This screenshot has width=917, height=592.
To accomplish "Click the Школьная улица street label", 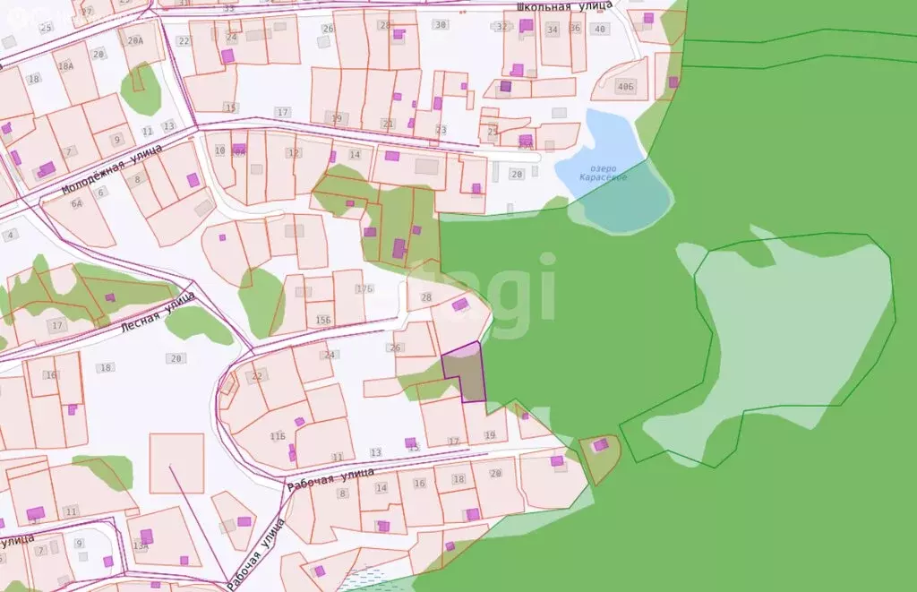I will coord(564,5).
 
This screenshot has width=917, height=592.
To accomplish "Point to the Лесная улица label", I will coord(158,316).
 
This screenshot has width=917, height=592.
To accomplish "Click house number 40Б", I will coord(625,87).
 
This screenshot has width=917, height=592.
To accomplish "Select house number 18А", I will coord(66,66).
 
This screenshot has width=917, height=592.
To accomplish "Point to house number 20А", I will coord(136,41).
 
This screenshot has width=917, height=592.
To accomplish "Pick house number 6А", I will coord(77,204).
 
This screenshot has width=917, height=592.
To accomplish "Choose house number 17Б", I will coord(364,288).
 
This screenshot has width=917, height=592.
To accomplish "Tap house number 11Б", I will coord(278,436).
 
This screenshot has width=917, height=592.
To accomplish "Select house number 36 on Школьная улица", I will coord(575,29).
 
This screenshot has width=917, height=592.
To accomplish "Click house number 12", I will coord(294,153).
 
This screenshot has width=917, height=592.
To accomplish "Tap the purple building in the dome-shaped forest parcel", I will coord(600,444).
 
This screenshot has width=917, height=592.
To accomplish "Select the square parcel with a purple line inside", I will coord(176,463).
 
